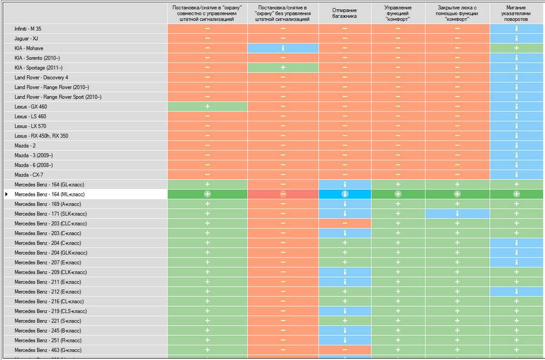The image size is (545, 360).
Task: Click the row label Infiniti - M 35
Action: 28,28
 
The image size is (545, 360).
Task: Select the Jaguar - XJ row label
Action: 26,38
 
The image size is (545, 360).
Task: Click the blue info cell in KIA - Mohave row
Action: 283,48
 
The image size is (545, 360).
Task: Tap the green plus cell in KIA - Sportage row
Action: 283,67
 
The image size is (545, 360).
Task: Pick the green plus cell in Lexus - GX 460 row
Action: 207,107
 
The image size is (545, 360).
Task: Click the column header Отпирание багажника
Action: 345,13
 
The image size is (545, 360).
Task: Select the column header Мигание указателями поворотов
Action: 517,13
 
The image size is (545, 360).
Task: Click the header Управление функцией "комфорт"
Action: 398,13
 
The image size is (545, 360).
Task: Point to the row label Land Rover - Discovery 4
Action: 41,78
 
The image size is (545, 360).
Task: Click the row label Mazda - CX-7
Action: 29,175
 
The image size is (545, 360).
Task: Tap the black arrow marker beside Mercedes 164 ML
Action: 7,194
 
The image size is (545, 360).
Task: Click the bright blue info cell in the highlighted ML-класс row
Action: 345,194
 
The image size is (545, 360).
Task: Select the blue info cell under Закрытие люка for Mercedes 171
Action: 457,213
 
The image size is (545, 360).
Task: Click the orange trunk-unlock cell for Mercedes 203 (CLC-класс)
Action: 345,223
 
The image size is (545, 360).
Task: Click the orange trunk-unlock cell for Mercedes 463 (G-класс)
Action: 345,350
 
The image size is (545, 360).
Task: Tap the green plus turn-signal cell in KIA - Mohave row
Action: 517,48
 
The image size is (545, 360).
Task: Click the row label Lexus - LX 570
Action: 30,126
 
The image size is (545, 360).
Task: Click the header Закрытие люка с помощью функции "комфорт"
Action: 457,13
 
